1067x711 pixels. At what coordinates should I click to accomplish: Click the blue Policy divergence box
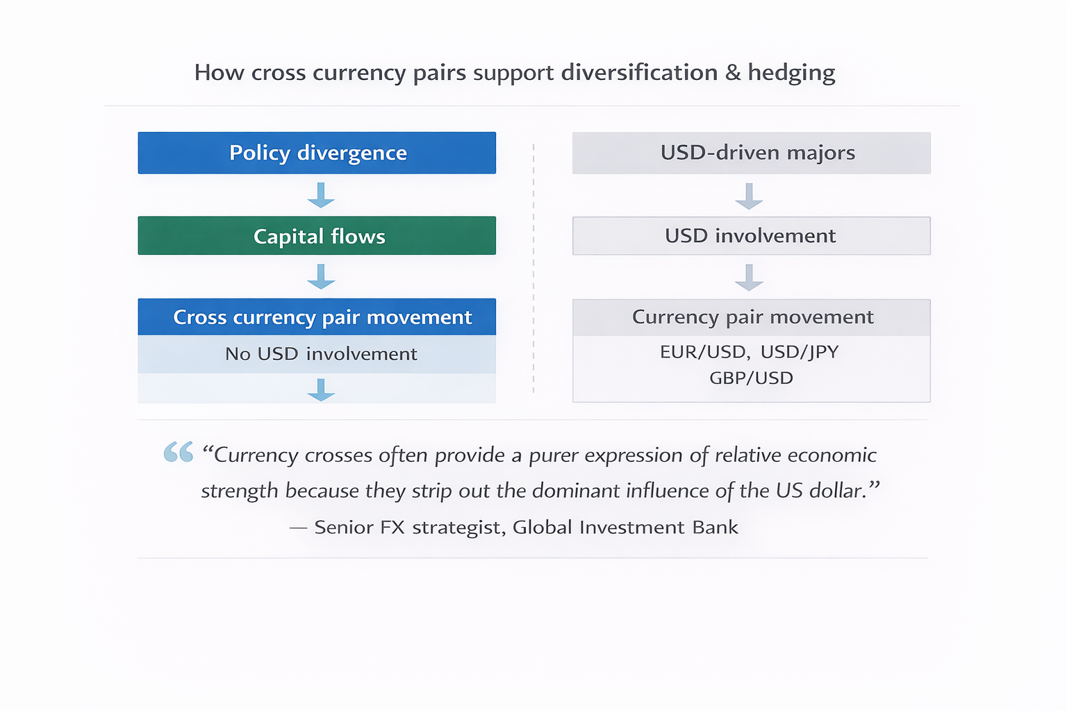pyautogui.click(x=317, y=153)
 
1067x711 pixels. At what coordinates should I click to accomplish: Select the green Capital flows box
pyautogui.click(x=317, y=236)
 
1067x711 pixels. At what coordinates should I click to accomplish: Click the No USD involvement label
pyautogui.click(x=321, y=354)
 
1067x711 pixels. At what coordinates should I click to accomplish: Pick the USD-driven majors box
pyautogui.click(x=751, y=153)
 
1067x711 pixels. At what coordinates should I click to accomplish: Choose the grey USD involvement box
pyautogui.click(x=751, y=236)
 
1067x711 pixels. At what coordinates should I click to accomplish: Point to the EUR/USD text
pyautogui.click(x=703, y=352)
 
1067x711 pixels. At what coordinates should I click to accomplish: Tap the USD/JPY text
pyautogui.click(x=800, y=352)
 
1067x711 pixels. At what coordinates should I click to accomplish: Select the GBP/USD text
pyautogui.click(x=751, y=378)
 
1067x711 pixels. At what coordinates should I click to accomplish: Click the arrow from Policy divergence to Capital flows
pyautogui.click(x=321, y=195)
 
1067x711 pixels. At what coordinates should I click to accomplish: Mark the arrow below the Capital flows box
pyautogui.click(x=321, y=276)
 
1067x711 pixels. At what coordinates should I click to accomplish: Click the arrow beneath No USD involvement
pyautogui.click(x=321, y=390)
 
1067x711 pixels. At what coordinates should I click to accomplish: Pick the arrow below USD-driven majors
pyautogui.click(x=749, y=196)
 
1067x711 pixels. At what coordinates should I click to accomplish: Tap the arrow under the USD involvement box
pyautogui.click(x=749, y=277)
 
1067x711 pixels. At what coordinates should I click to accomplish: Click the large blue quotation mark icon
pyautogui.click(x=179, y=452)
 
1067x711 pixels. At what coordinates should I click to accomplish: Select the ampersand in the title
pyautogui.click(x=733, y=72)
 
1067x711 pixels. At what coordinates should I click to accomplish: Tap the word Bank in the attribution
pyautogui.click(x=715, y=528)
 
